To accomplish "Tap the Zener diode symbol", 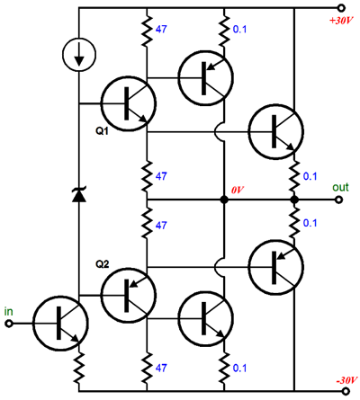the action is (79, 194).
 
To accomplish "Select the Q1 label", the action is (103, 131).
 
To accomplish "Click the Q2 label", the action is (103, 264).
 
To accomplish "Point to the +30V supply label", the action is (341, 21).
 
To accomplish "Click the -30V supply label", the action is (346, 380).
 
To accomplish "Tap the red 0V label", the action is (238, 190).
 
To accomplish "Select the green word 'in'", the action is (9, 312).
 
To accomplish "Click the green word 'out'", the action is (340, 188).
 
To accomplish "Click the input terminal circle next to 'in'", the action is (9, 324).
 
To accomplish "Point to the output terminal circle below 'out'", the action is (339, 200).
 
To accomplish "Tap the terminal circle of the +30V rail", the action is (341, 8).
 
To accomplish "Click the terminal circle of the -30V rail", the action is (346, 391).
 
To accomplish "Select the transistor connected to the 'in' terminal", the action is (60, 324).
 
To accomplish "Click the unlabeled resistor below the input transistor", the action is (79, 368).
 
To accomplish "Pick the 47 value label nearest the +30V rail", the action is (161, 29).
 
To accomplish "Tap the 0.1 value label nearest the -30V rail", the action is (239, 368).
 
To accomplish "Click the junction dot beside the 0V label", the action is (224, 200).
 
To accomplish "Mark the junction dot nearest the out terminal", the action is (294, 200).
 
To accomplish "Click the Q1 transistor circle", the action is (129, 103).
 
